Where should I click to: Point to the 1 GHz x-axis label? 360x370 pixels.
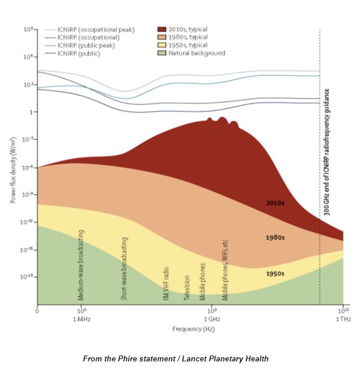[x=212, y=318]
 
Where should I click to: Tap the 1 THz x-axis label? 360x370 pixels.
[x=343, y=318]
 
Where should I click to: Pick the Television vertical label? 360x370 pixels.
[x=187, y=288]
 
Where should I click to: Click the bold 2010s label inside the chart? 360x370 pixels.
[x=275, y=203]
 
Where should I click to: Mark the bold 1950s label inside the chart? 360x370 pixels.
[x=275, y=273]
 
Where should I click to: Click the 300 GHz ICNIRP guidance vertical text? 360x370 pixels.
[x=327, y=152]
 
